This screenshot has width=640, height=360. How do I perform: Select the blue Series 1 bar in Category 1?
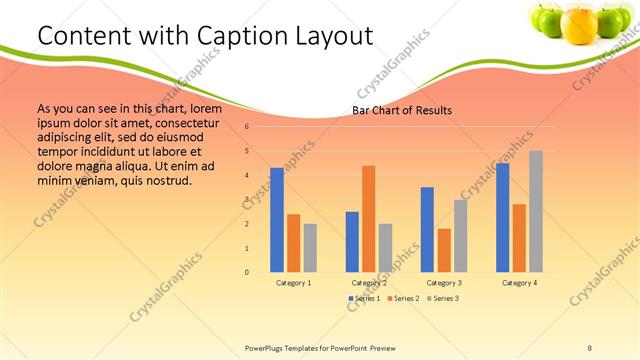tap(277, 220)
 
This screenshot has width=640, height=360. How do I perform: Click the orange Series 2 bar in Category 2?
tap(368, 218)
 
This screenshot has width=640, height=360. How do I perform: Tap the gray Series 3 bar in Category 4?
tap(536, 211)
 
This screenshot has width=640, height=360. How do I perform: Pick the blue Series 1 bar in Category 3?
tap(427, 229)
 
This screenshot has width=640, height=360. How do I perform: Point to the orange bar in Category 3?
tap(444, 250)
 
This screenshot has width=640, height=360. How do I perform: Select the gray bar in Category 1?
tap(310, 247)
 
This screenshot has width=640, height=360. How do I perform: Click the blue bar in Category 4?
tap(502, 217)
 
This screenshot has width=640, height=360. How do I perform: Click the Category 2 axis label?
tap(369, 283)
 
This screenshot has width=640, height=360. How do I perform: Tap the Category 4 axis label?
tap(519, 283)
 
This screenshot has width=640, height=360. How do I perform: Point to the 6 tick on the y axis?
tap(246, 127)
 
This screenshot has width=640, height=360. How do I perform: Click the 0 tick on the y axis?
tap(246, 272)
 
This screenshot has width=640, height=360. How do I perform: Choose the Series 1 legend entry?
tap(364, 299)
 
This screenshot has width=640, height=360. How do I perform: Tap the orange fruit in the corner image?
tap(579, 24)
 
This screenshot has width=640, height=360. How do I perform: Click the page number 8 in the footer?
tap(590, 347)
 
